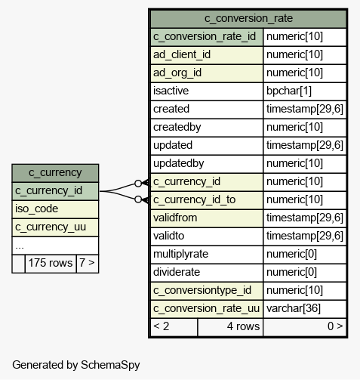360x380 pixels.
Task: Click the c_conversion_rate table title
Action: (x=248, y=18)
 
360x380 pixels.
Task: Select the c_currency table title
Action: (x=55, y=173)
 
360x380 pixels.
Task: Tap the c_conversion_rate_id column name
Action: (x=205, y=36)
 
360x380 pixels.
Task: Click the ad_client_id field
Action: (x=182, y=54)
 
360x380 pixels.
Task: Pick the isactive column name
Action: (x=171, y=91)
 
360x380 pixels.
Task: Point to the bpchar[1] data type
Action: (x=289, y=91)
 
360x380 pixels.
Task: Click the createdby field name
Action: (x=177, y=127)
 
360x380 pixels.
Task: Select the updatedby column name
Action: (x=178, y=163)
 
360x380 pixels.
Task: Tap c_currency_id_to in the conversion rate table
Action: (x=194, y=199)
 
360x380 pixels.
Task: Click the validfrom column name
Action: (x=175, y=218)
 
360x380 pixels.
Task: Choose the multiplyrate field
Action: (x=180, y=254)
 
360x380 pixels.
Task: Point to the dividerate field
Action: (x=177, y=272)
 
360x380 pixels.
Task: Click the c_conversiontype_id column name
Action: (x=202, y=290)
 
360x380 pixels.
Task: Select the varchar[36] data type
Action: (x=294, y=308)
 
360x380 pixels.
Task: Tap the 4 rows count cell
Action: (x=243, y=326)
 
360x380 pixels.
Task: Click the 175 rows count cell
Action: (x=51, y=263)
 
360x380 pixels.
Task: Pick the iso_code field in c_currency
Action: (x=36, y=209)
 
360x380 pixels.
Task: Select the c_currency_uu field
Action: (x=51, y=227)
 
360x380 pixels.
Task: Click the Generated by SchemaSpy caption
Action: (x=76, y=365)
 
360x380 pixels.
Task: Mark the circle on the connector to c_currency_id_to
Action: (x=138, y=199)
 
